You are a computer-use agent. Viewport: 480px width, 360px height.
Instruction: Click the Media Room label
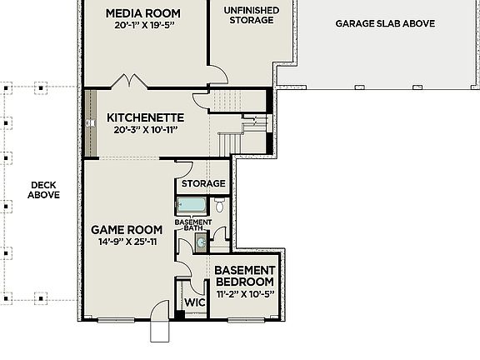coord(142,12)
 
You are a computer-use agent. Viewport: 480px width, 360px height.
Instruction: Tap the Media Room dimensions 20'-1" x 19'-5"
coord(142,26)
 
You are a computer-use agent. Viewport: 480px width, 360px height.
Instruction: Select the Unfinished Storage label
coord(251,15)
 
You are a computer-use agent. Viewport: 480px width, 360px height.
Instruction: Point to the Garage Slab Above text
coord(385,24)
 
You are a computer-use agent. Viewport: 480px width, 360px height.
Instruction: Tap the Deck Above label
coord(43,190)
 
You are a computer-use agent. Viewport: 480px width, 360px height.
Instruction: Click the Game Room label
coord(127,229)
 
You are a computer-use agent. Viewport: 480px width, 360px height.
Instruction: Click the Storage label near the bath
coord(203,183)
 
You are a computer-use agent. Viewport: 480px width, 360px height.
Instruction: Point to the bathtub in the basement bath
coord(192,206)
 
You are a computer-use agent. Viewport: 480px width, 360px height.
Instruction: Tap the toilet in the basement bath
coord(220,206)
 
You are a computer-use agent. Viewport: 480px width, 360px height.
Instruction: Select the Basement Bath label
coord(192,225)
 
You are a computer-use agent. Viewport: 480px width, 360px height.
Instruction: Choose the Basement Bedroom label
coord(245,277)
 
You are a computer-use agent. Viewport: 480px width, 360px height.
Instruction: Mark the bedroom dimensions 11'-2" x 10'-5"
coord(245,294)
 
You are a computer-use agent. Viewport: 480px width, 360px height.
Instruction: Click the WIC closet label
coord(194,302)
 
